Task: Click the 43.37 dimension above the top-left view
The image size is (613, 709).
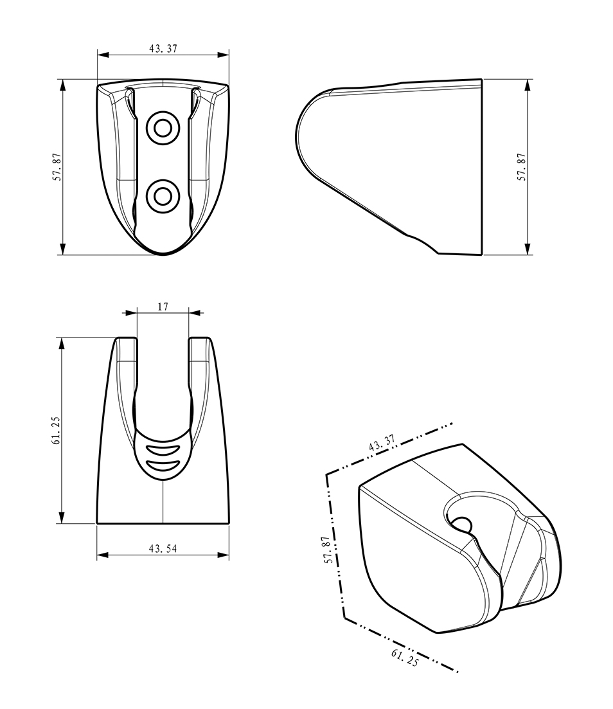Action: pyautogui.click(x=163, y=48)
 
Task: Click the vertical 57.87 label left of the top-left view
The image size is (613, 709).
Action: pyautogui.click(x=57, y=167)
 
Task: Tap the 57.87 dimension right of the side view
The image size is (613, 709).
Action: pyautogui.click(x=522, y=167)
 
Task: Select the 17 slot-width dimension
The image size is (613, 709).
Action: pyautogui.click(x=163, y=307)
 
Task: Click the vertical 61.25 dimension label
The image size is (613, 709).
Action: pyautogui.click(x=56, y=430)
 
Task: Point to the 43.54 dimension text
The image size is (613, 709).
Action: pyautogui.click(x=163, y=548)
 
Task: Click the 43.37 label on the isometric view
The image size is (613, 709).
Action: pyautogui.click(x=382, y=443)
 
